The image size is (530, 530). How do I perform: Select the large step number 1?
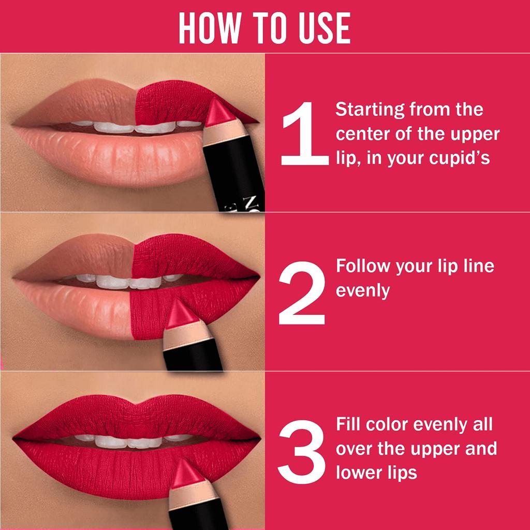(304, 134)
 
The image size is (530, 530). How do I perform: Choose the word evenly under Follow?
(363, 290)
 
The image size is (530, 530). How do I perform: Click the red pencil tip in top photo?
(222, 113)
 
